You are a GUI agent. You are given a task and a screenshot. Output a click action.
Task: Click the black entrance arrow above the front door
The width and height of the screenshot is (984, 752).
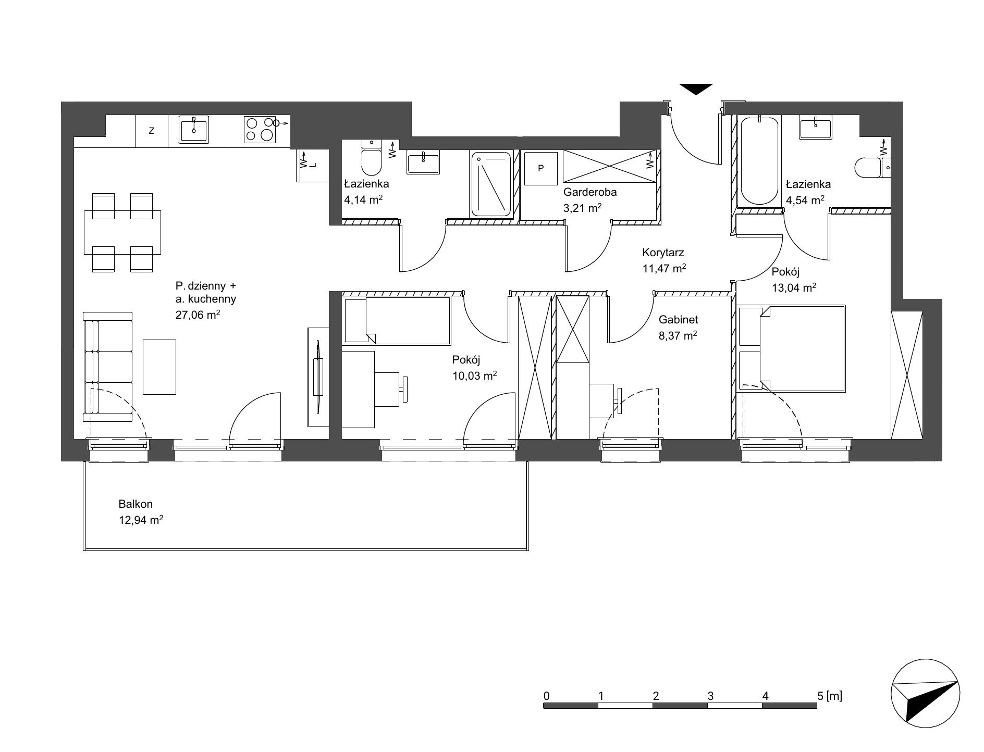coord(696,89)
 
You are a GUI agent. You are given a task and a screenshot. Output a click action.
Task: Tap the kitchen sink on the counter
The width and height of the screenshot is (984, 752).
coord(194,129)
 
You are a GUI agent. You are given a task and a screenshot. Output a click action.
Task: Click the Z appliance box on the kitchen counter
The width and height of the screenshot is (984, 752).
coord(152,131)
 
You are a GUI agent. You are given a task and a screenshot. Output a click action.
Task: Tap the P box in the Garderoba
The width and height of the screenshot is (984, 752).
coord(540,168)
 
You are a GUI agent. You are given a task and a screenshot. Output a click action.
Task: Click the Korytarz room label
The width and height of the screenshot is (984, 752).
coord(663,253)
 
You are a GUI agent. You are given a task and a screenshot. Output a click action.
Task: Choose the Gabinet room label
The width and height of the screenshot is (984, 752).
coord(678,320)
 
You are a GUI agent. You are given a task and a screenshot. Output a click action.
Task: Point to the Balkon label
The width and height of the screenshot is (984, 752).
coord(136,504)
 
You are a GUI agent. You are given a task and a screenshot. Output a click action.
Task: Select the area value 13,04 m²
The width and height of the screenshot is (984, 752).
coord(794,287)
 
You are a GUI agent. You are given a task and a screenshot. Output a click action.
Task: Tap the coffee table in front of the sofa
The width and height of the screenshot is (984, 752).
coord(159,367)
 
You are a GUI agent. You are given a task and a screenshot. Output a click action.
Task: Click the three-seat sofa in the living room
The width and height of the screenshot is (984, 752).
coord(108,367)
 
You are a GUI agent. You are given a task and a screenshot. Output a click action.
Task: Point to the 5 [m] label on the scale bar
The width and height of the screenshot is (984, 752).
coord(830,695)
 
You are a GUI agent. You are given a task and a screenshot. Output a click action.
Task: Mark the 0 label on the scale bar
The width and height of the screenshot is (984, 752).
coord(546,696)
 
